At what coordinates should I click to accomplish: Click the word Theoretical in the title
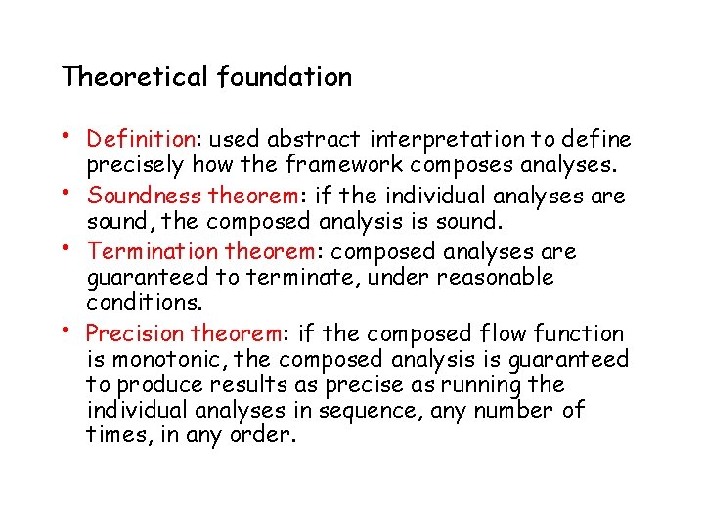click(x=135, y=76)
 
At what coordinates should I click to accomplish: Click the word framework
click(x=335, y=164)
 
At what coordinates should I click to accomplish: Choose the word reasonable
click(x=497, y=277)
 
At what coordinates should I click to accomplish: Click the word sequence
click(x=374, y=411)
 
